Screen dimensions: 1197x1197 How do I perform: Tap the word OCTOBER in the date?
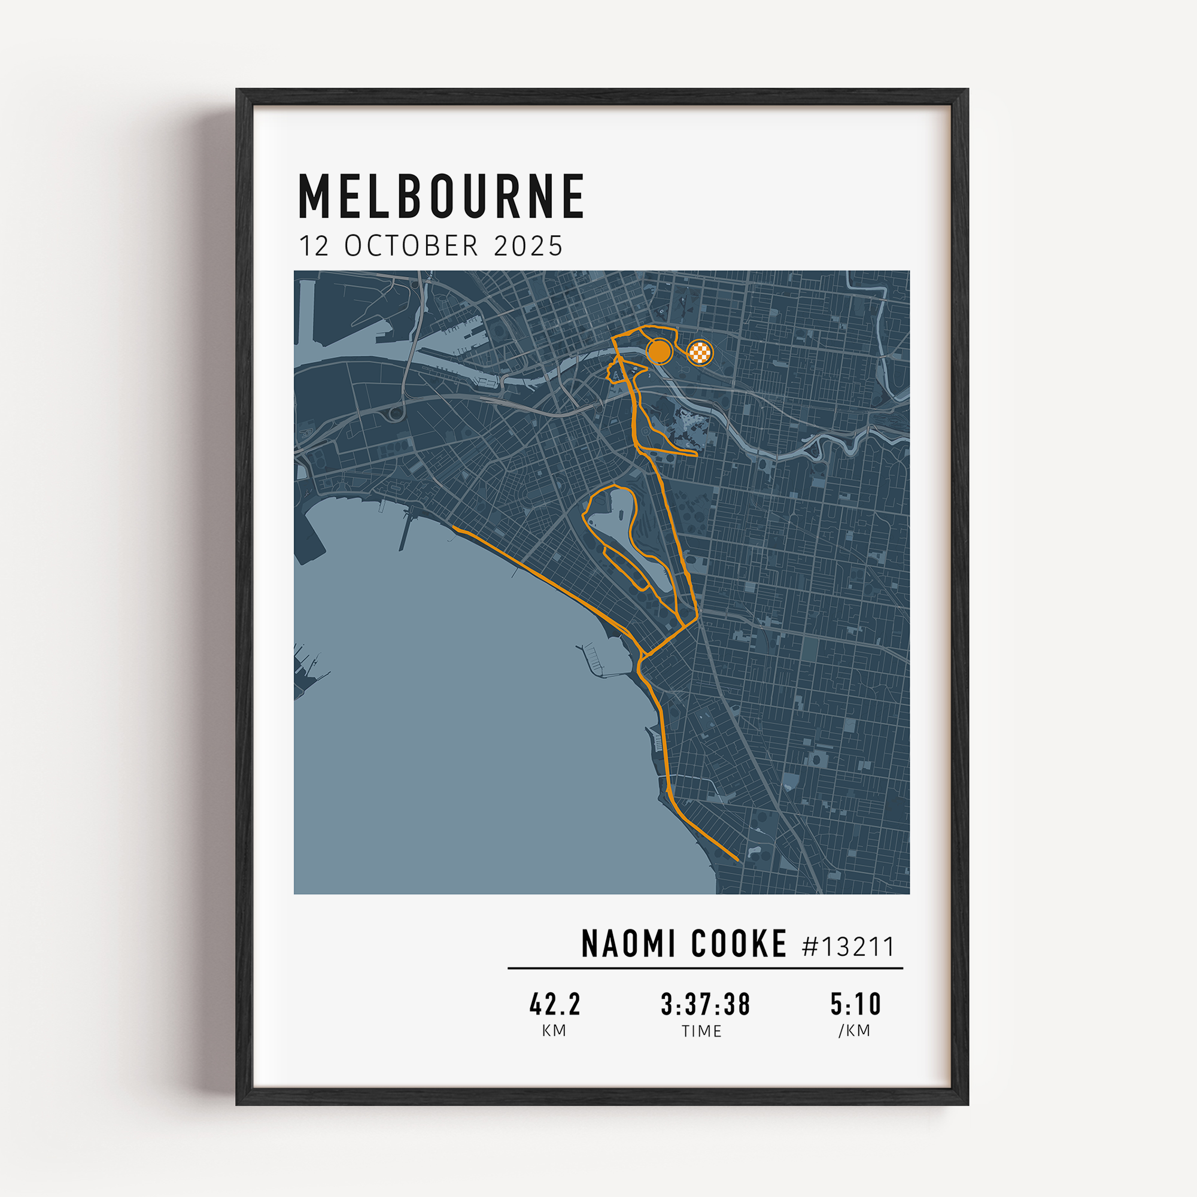[411, 246]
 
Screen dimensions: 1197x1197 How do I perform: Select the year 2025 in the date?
[528, 246]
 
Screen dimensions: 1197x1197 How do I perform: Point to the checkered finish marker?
[700, 353]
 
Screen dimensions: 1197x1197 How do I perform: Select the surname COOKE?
[739, 944]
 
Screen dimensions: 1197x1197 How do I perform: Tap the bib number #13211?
[848, 947]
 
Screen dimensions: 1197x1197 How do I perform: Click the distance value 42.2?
[555, 1004]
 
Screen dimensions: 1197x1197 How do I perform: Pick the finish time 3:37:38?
[705, 1004]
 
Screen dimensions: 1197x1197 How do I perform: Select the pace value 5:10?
[856, 1004]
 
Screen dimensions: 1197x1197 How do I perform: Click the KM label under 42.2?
[554, 1031]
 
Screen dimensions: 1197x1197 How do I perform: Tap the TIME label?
[701, 1031]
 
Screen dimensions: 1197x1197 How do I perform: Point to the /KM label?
[855, 1031]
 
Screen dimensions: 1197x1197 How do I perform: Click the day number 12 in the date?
[314, 246]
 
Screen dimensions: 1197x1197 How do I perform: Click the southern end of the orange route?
[737, 860]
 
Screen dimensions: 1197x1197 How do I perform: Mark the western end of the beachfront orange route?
[454, 528]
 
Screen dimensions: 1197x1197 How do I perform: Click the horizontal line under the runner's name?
[705, 968]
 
